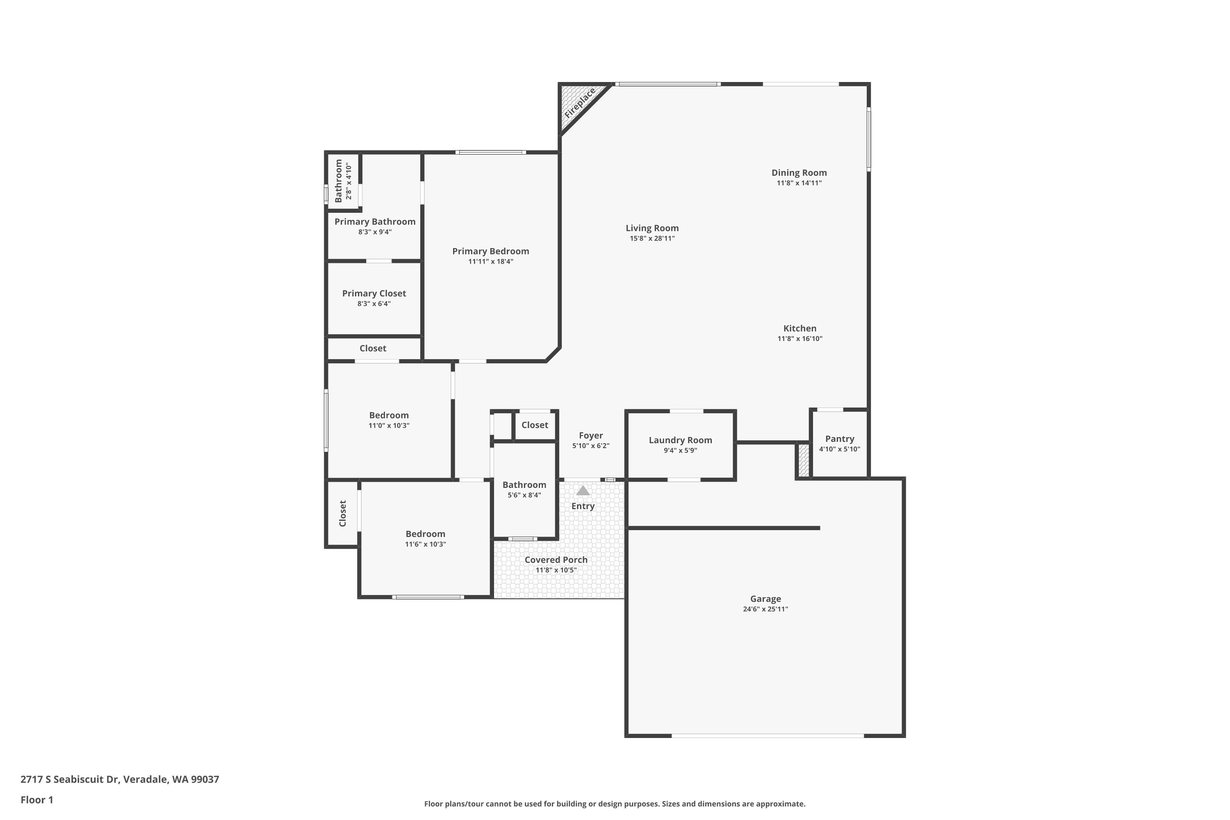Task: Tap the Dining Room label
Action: (x=799, y=173)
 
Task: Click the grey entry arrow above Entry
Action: (x=583, y=490)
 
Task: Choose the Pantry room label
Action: (x=839, y=439)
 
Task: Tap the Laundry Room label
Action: (x=680, y=440)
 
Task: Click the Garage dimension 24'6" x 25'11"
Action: (x=765, y=609)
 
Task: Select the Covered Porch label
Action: (x=556, y=560)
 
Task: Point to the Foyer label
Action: (x=590, y=435)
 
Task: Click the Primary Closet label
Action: (x=374, y=294)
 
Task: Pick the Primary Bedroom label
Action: (x=490, y=251)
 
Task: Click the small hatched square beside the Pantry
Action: (x=804, y=460)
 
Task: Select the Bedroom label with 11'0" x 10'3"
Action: (x=389, y=415)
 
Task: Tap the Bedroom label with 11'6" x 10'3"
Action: (x=425, y=534)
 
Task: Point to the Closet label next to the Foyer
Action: (x=535, y=425)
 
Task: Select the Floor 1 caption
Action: (x=36, y=799)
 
